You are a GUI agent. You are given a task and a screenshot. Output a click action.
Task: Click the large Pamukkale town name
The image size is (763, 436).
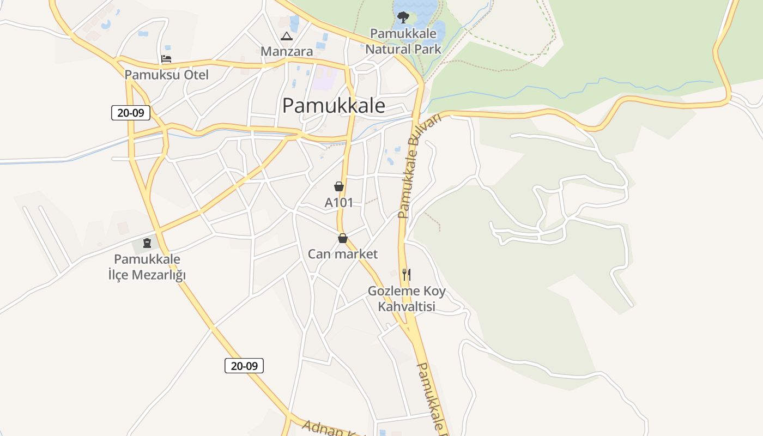point(334,106)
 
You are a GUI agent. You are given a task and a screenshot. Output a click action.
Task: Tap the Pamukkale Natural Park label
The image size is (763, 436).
point(403,41)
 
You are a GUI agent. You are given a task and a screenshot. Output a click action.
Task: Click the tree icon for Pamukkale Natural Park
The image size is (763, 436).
point(403,17)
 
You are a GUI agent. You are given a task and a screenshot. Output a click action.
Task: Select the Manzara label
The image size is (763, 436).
point(287,52)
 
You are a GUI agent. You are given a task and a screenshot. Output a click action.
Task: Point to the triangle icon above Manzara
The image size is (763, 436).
point(286,37)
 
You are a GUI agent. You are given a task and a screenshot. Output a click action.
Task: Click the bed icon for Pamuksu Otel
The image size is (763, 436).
point(166,59)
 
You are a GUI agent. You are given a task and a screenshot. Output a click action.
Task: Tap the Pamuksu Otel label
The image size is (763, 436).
point(167,75)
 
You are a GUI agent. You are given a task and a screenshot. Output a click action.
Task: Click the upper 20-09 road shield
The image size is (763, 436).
point(131,113)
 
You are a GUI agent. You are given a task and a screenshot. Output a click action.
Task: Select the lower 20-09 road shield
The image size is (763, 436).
point(244,366)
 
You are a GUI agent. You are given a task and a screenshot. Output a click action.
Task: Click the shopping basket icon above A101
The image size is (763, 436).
point(339,186)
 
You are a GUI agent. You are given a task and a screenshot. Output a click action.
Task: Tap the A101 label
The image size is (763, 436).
point(339,203)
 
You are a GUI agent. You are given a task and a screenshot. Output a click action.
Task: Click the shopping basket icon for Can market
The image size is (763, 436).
point(343,238)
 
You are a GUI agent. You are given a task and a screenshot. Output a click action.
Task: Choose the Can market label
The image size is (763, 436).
point(343,254)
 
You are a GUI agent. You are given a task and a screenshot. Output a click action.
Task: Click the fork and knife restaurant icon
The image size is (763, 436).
point(407,274)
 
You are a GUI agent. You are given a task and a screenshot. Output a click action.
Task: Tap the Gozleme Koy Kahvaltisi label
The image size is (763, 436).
point(407,299)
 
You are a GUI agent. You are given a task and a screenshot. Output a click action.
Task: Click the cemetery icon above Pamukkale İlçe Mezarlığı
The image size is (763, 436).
point(147,243)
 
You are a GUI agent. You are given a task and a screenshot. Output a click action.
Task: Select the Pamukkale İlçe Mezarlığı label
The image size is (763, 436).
point(147,267)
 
